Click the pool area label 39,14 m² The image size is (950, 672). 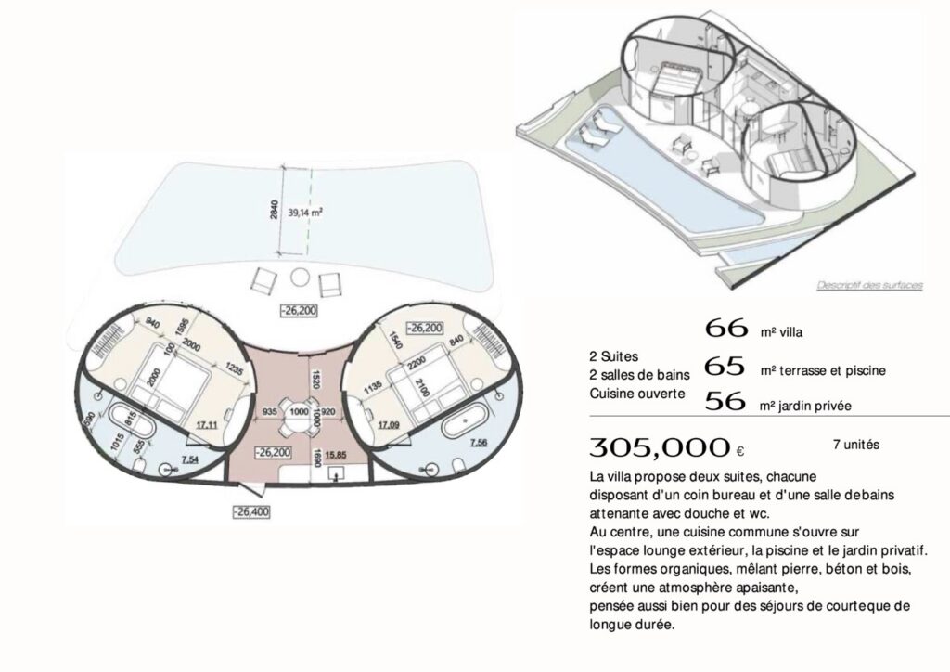pyautogui.click(x=305, y=213)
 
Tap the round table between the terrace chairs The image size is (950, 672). pyautogui.click(x=299, y=277)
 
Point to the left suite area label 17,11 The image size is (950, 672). pyautogui.click(x=205, y=424)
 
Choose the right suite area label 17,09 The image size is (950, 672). pyautogui.click(x=387, y=425)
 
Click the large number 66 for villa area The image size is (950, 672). pyautogui.click(x=726, y=328)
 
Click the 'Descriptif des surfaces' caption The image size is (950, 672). pyautogui.click(x=869, y=286)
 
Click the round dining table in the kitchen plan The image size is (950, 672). pyautogui.click(x=298, y=411)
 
